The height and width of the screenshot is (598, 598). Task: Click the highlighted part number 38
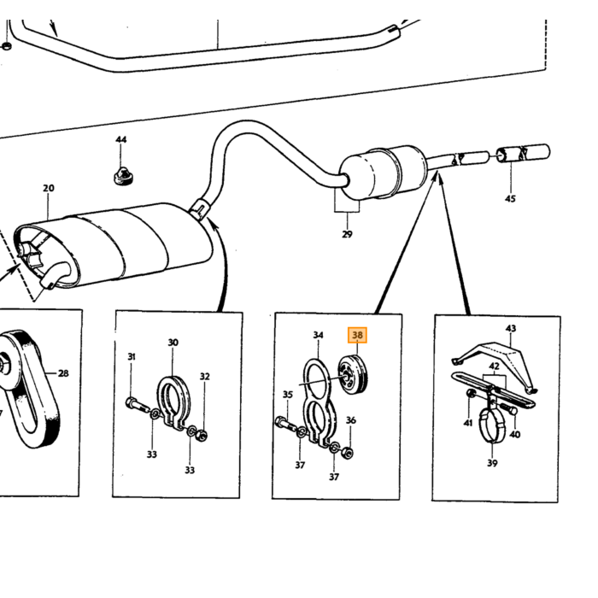click(357, 335)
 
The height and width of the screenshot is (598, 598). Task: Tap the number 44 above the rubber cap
click(121, 139)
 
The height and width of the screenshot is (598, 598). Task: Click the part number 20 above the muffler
click(49, 188)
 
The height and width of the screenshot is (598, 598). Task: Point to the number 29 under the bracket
click(347, 234)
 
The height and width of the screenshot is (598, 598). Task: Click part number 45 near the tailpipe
click(510, 199)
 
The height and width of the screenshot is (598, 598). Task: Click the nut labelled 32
click(203, 436)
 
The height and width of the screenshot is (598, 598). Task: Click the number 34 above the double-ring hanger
click(318, 335)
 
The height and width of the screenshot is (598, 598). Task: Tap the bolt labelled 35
click(286, 424)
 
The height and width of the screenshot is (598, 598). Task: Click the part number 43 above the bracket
click(511, 328)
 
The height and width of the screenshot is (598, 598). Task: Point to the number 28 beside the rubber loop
click(63, 373)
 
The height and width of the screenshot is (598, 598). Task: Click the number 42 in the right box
click(495, 366)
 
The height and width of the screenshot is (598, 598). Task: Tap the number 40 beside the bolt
click(515, 434)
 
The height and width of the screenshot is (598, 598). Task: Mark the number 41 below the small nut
click(468, 423)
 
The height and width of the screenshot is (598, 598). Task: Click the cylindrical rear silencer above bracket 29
click(382, 172)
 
